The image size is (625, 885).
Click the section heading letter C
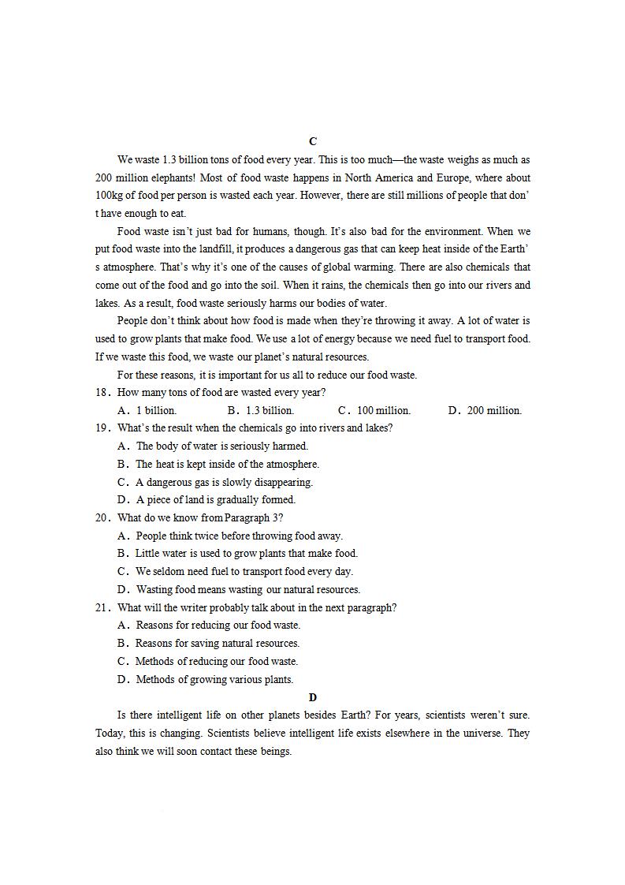[313, 141]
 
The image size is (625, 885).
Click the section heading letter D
[313, 697]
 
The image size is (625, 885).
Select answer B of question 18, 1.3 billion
[260, 410]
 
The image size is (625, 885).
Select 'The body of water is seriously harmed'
[221, 446]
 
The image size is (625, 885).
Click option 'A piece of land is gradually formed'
[215, 499]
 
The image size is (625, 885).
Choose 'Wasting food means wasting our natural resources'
[247, 589]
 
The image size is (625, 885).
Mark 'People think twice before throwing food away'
[239, 536]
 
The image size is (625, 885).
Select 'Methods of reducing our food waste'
[216, 661]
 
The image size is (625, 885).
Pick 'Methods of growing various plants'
[214, 679]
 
